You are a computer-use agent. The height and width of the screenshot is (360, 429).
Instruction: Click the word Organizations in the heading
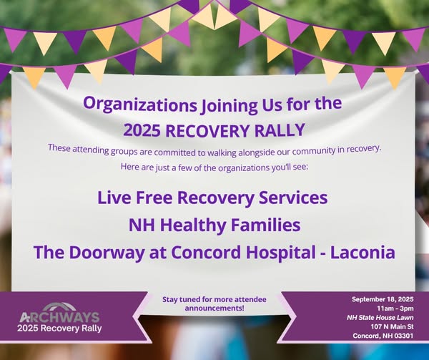pyautogui.click(x=140, y=105)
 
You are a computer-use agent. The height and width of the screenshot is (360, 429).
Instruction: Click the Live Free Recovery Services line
pyautogui.click(x=212, y=198)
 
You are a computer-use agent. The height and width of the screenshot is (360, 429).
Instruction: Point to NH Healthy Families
pyautogui.click(x=214, y=225)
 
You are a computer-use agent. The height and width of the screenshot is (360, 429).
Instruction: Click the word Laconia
pyautogui.click(x=363, y=252)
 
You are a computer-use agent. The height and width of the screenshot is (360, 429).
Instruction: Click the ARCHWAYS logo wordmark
pyautogui.click(x=59, y=317)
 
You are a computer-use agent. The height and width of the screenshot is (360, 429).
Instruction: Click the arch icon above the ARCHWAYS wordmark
pyautogui.click(x=59, y=306)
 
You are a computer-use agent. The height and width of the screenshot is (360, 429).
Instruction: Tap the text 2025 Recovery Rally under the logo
pyautogui.click(x=59, y=328)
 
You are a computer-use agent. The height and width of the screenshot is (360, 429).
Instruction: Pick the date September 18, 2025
pyautogui.click(x=383, y=299)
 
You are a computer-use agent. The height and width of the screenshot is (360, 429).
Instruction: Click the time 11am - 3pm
pyautogui.click(x=395, y=308)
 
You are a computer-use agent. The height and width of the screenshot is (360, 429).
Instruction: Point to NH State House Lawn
pyautogui.click(x=380, y=318)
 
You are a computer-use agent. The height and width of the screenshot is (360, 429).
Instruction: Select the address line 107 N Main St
pyautogui.click(x=392, y=326)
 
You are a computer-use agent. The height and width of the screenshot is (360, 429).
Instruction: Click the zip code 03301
pyautogui.click(x=403, y=336)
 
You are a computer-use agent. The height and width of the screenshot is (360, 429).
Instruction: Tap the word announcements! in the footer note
pyautogui.click(x=214, y=308)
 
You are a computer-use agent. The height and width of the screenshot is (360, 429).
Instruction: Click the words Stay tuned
pyautogui.click(x=180, y=299)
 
